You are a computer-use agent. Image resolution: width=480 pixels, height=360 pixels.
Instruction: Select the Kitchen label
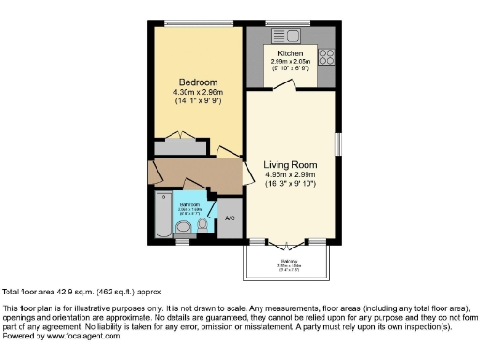pyautogui.click(x=291, y=54)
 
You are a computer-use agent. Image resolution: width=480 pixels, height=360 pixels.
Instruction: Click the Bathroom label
pyautogui.click(x=190, y=203)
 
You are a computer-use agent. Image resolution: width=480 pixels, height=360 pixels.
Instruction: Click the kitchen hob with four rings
pyautogui.click(x=327, y=55)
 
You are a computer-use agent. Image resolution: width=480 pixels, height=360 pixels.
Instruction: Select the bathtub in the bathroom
pyautogui.click(x=163, y=217)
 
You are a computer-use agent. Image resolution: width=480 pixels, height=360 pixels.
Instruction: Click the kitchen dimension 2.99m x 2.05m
pyautogui.click(x=291, y=63)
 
